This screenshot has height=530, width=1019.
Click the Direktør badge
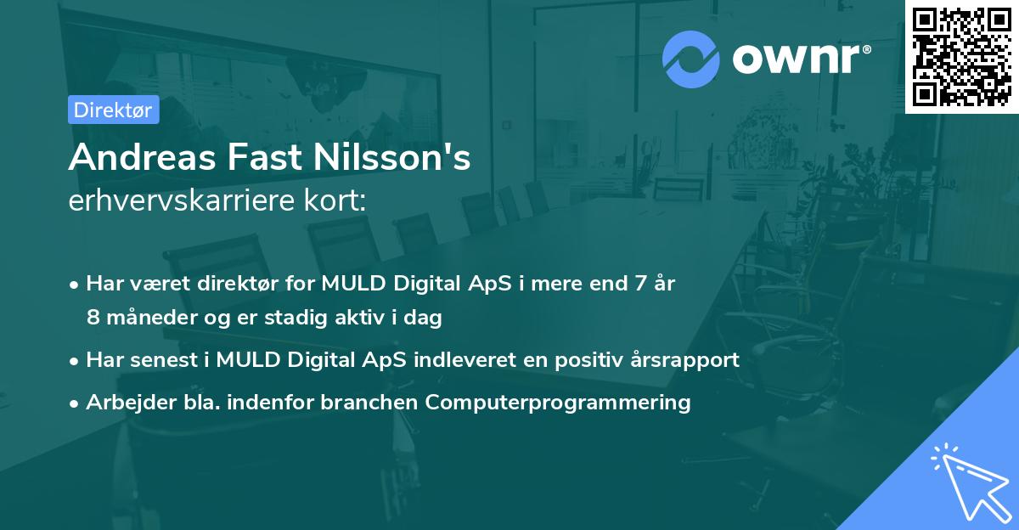click(x=113, y=110)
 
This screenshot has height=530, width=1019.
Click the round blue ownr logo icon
click(x=690, y=59)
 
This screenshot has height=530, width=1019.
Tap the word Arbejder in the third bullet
click(x=125, y=402)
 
